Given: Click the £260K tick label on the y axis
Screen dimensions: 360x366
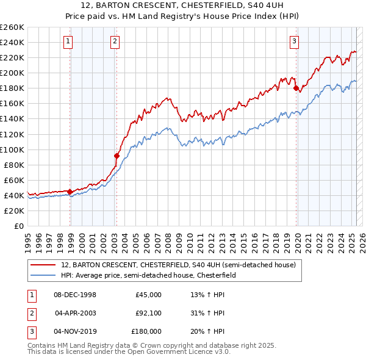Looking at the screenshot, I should pos(12,27).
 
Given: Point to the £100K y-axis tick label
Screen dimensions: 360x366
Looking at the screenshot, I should pos(12,149).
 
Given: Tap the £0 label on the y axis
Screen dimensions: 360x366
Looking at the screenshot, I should pos(19,226).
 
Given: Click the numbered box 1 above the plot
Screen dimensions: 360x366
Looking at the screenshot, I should pos(67,41).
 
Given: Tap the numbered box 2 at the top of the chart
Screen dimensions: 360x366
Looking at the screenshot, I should pos(115,41).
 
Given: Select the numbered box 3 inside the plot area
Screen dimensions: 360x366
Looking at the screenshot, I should pos(294,41).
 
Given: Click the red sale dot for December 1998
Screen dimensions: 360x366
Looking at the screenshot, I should pos(70,192).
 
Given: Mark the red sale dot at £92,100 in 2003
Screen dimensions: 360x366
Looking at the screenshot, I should pos(117,156).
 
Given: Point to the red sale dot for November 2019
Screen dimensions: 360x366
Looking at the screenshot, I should pos(296,88).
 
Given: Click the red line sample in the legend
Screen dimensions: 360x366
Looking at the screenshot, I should pos(43,265).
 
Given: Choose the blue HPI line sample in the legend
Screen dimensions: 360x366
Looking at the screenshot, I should pos(43,275).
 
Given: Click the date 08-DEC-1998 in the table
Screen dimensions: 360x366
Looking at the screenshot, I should pos(75,295).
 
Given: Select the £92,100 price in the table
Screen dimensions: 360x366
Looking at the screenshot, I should pos(148,313).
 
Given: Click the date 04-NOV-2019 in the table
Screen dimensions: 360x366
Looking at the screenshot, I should pos(76,331).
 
